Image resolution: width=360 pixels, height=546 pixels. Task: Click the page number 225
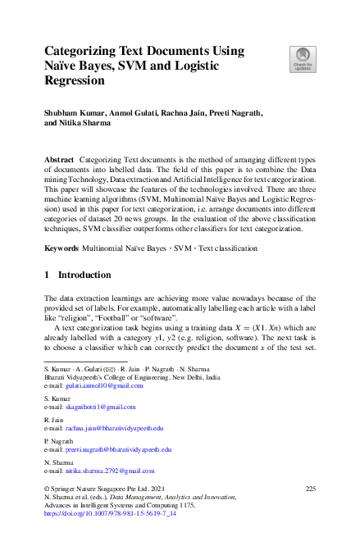pyautogui.click(x=310, y=489)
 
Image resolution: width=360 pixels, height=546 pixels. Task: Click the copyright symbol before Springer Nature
pyautogui.click(x=47, y=489)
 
